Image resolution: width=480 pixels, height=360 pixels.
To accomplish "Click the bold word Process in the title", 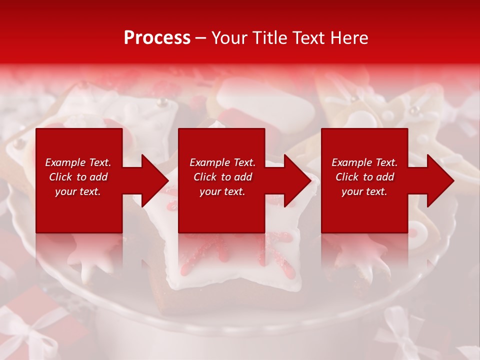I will coord(157,38).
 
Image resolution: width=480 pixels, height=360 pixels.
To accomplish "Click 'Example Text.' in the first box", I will coord(78,162).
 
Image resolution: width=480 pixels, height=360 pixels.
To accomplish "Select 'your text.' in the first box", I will coord(78,191).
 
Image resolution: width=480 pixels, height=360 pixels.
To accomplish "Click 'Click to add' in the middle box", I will coord(222,177).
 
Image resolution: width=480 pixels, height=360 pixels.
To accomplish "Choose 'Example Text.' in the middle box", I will coord(222,162).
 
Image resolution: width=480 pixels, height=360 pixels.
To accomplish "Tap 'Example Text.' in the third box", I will coord(364,162).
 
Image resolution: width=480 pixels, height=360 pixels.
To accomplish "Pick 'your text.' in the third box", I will coord(364,191).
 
